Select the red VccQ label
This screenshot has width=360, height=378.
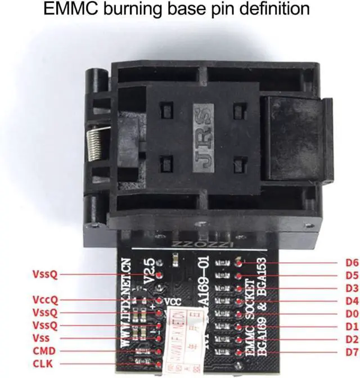tap(46, 300)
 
